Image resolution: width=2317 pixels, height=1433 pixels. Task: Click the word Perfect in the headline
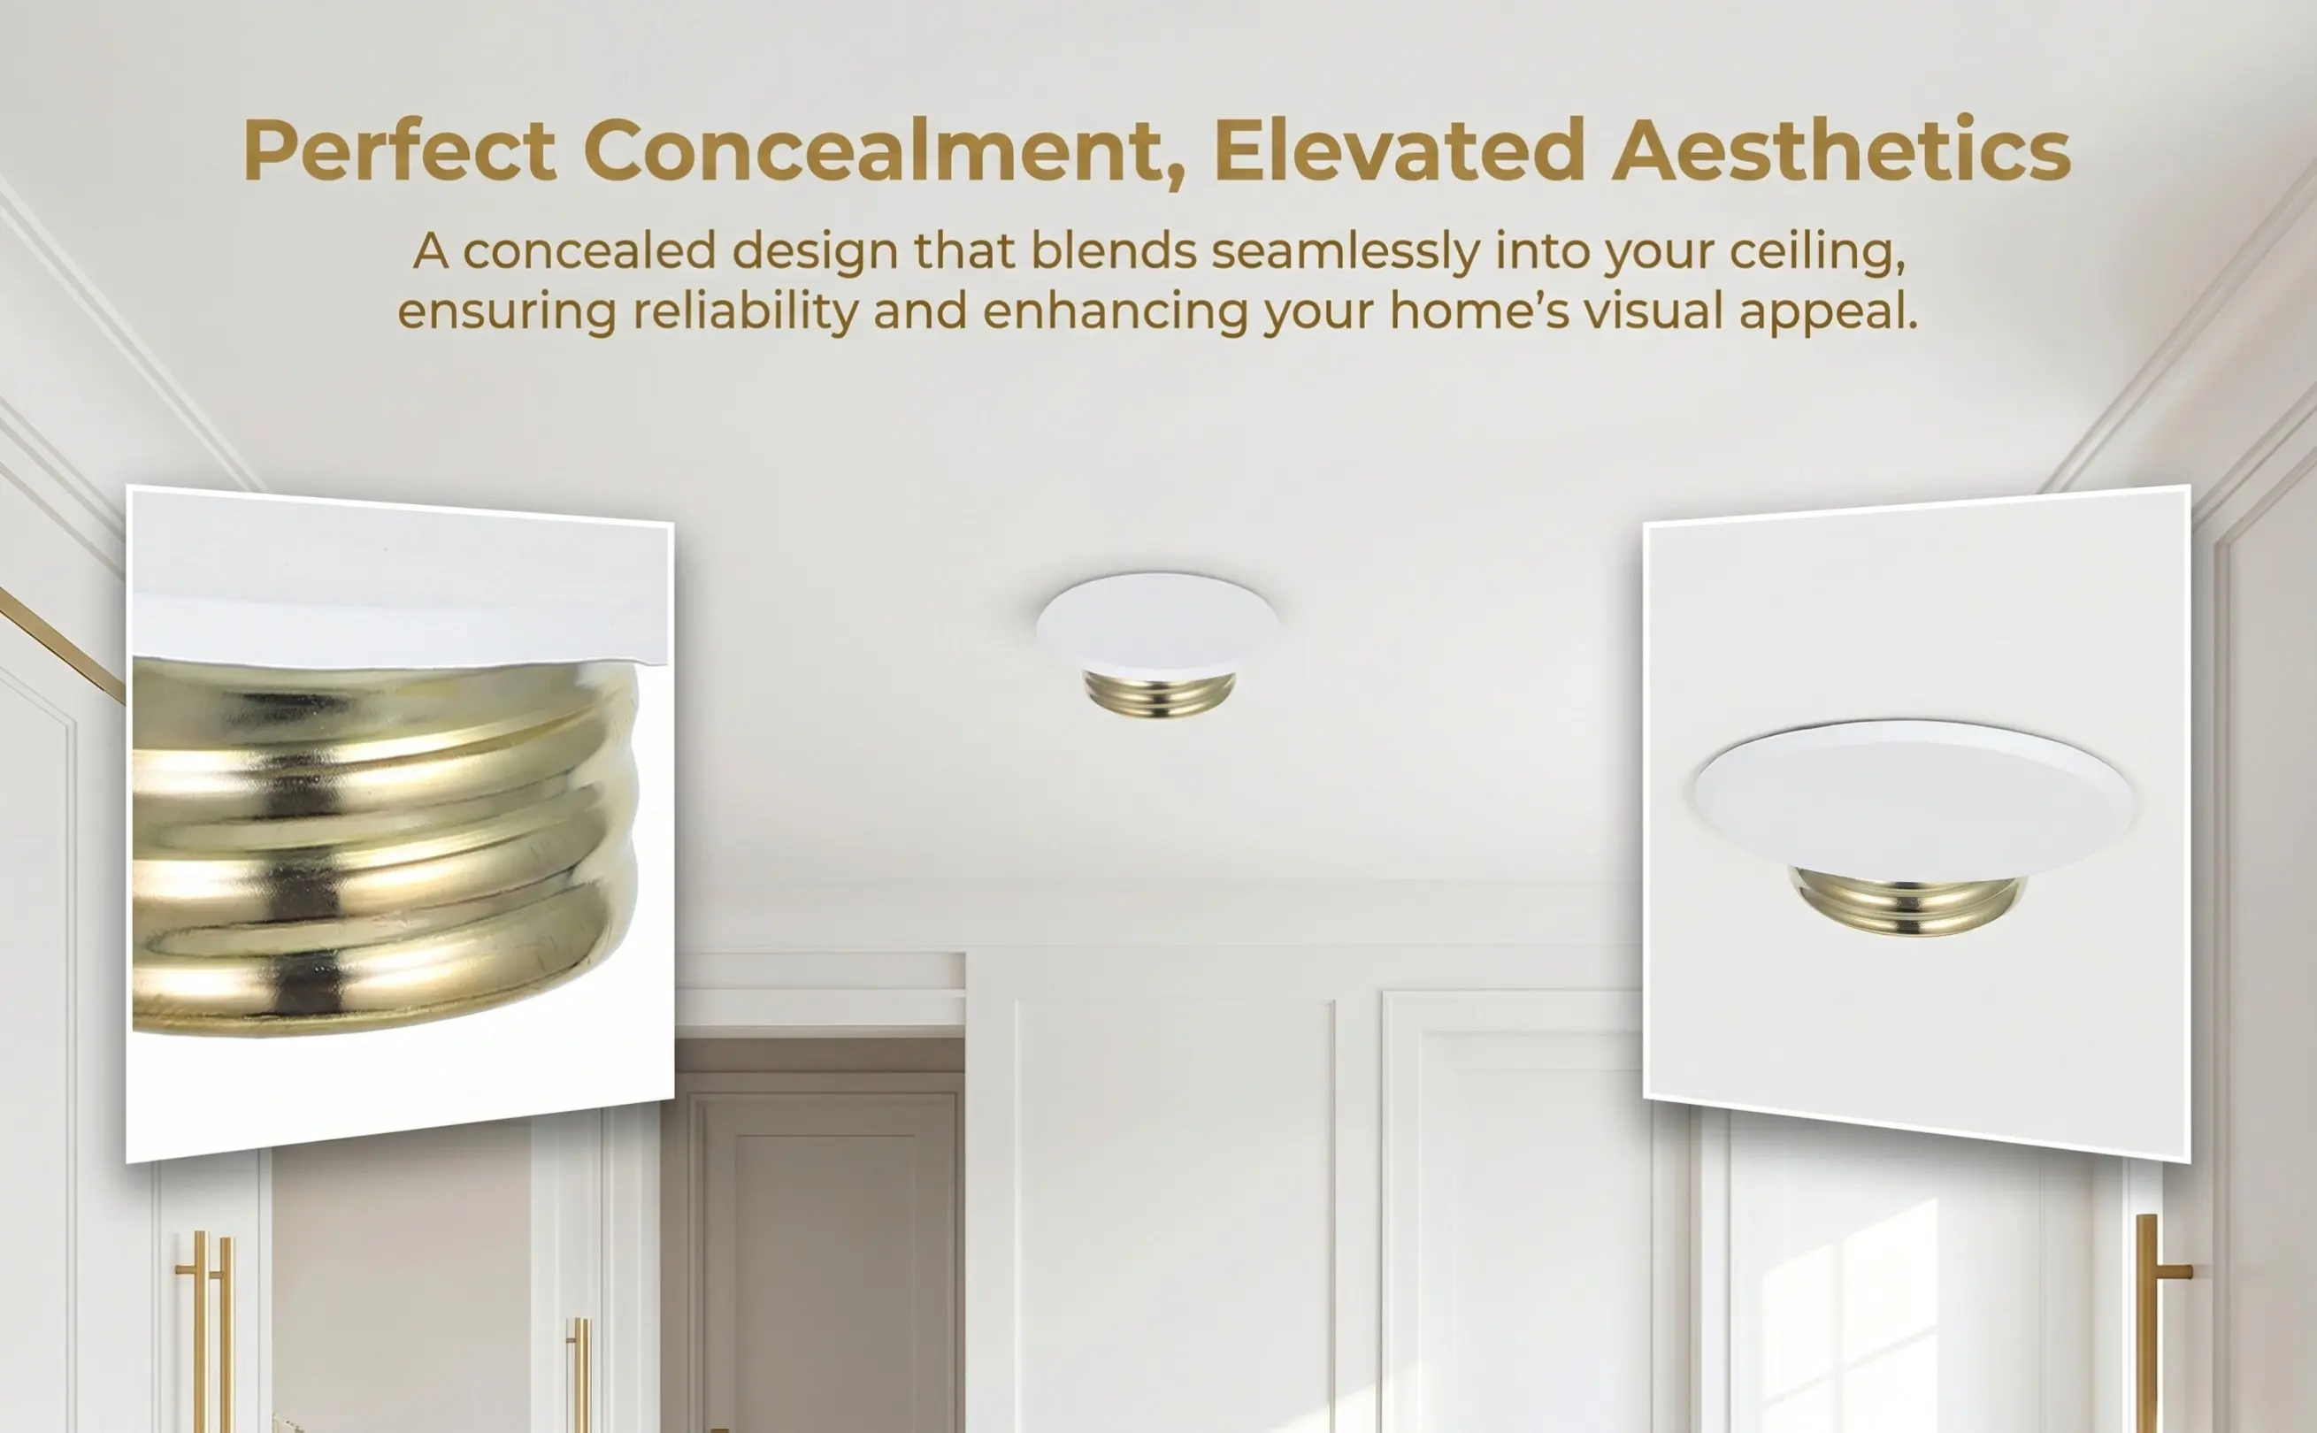(x=399, y=149)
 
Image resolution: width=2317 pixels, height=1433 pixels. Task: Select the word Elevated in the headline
(x=1399, y=149)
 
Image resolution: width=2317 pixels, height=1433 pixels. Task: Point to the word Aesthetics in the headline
(x=1841, y=149)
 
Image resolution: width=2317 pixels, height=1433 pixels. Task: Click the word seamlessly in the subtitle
(x=1346, y=252)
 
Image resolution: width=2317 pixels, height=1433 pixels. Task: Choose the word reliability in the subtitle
(x=745, y=314)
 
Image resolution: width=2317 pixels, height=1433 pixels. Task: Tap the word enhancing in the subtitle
(x=1116, y=314)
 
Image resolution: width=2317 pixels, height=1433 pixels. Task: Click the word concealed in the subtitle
(x=588, y=252)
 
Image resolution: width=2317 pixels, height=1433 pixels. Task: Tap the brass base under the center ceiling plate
(x=1159, y=694)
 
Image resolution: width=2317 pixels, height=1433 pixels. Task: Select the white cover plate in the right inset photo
(x=1914, y=799)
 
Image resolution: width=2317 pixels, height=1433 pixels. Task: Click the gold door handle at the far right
(x=2147, y=1322)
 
